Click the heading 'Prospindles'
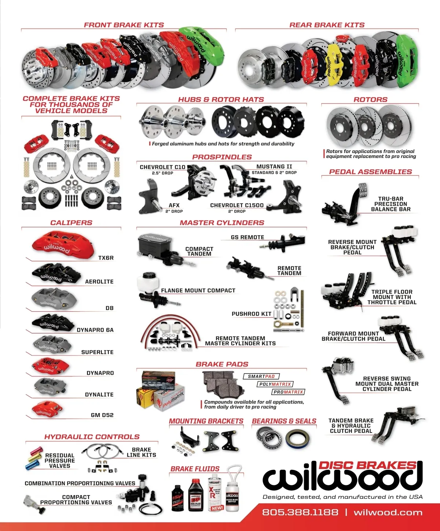[x=222, y=157]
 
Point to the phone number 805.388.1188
[x=300, y=512]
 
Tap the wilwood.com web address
[x=388, y=512]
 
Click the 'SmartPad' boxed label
[x=261, y=376]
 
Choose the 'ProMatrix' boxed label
[x=289, y=392]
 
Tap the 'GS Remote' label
[x=247, y=237]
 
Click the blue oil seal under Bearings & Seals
[x=297, y=439]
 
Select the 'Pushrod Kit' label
[x=252, y=314]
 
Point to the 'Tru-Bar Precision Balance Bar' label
[x=390, y=204]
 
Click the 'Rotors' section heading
[x=370, y=100]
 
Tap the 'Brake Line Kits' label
[x=141, y=452]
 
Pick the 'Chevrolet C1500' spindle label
[x=237, y=205]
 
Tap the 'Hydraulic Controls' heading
[x=92, y=437]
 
